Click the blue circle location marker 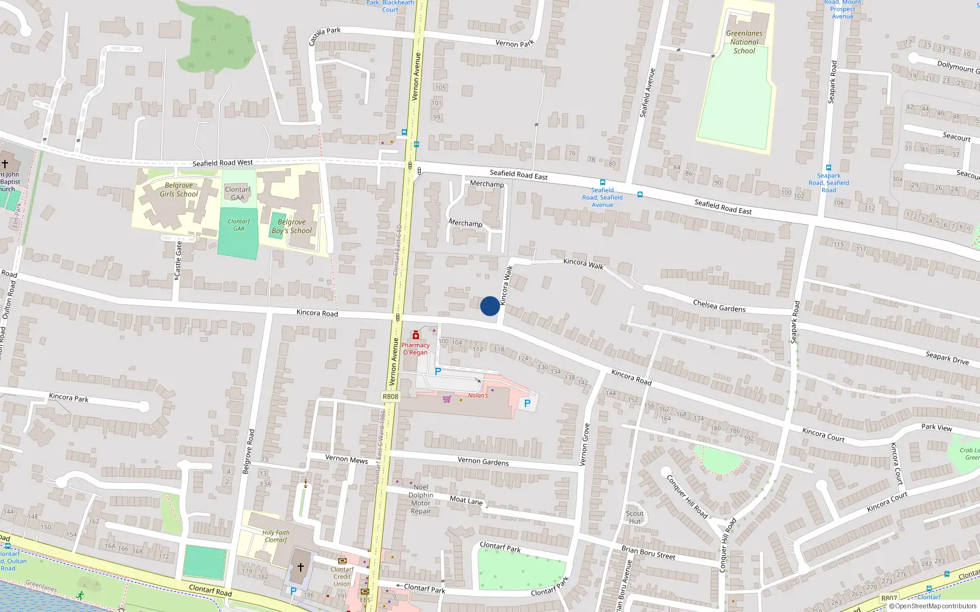(x=489, y=306)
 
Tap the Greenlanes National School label (x=744, y=42)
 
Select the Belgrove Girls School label (x=178, y=190)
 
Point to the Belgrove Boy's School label (x=292, y=226)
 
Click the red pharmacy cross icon (x=415, y=335)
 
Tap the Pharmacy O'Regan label (x=415, y=349)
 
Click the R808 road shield (x=390, y=397)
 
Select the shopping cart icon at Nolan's (x=447, y=399)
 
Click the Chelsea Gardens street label (x=719, y=306)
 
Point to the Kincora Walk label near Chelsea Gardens (x=583, y=264)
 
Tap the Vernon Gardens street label (x=483, y=461)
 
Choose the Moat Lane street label (x=466, y=500)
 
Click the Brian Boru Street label (x=648, y=553)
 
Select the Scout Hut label (x=635, y=518)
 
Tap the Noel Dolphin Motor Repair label (x=421, y=499)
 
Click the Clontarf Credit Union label (x=342, y=577)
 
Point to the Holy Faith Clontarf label (x=276, y=536)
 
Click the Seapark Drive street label (x=947, y=358)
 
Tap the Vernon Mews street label (x=346, y=459)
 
